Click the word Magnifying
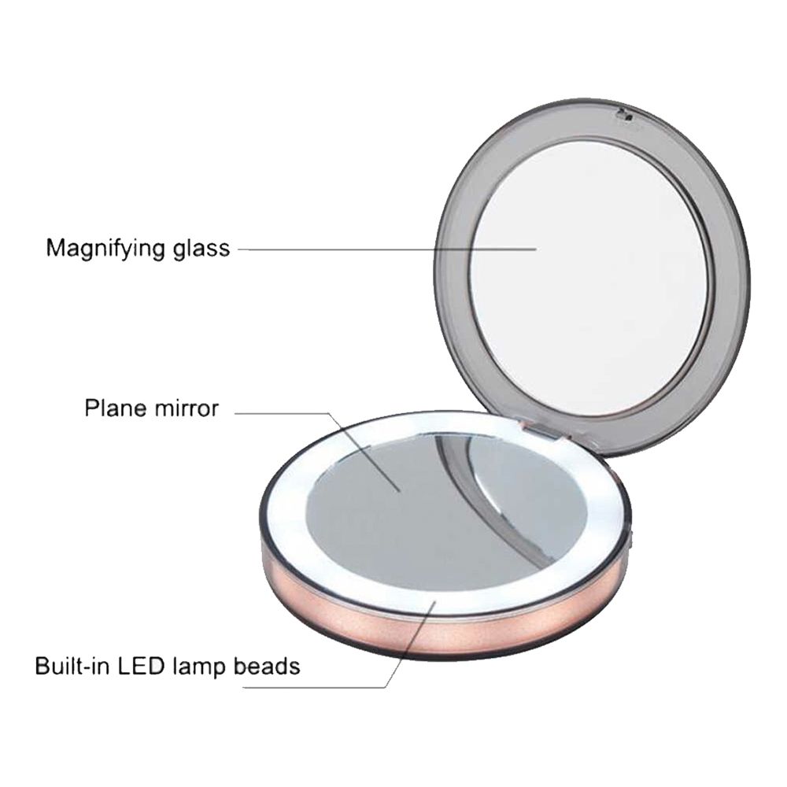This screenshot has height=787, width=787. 105,249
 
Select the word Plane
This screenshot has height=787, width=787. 115,408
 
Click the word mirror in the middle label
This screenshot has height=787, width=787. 187,408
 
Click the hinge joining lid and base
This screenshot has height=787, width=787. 541,431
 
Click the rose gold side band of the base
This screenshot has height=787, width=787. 442,627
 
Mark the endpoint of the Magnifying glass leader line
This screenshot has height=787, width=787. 536,249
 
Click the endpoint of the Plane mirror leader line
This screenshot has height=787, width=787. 399,491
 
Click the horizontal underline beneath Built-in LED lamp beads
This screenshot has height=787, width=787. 314,687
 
